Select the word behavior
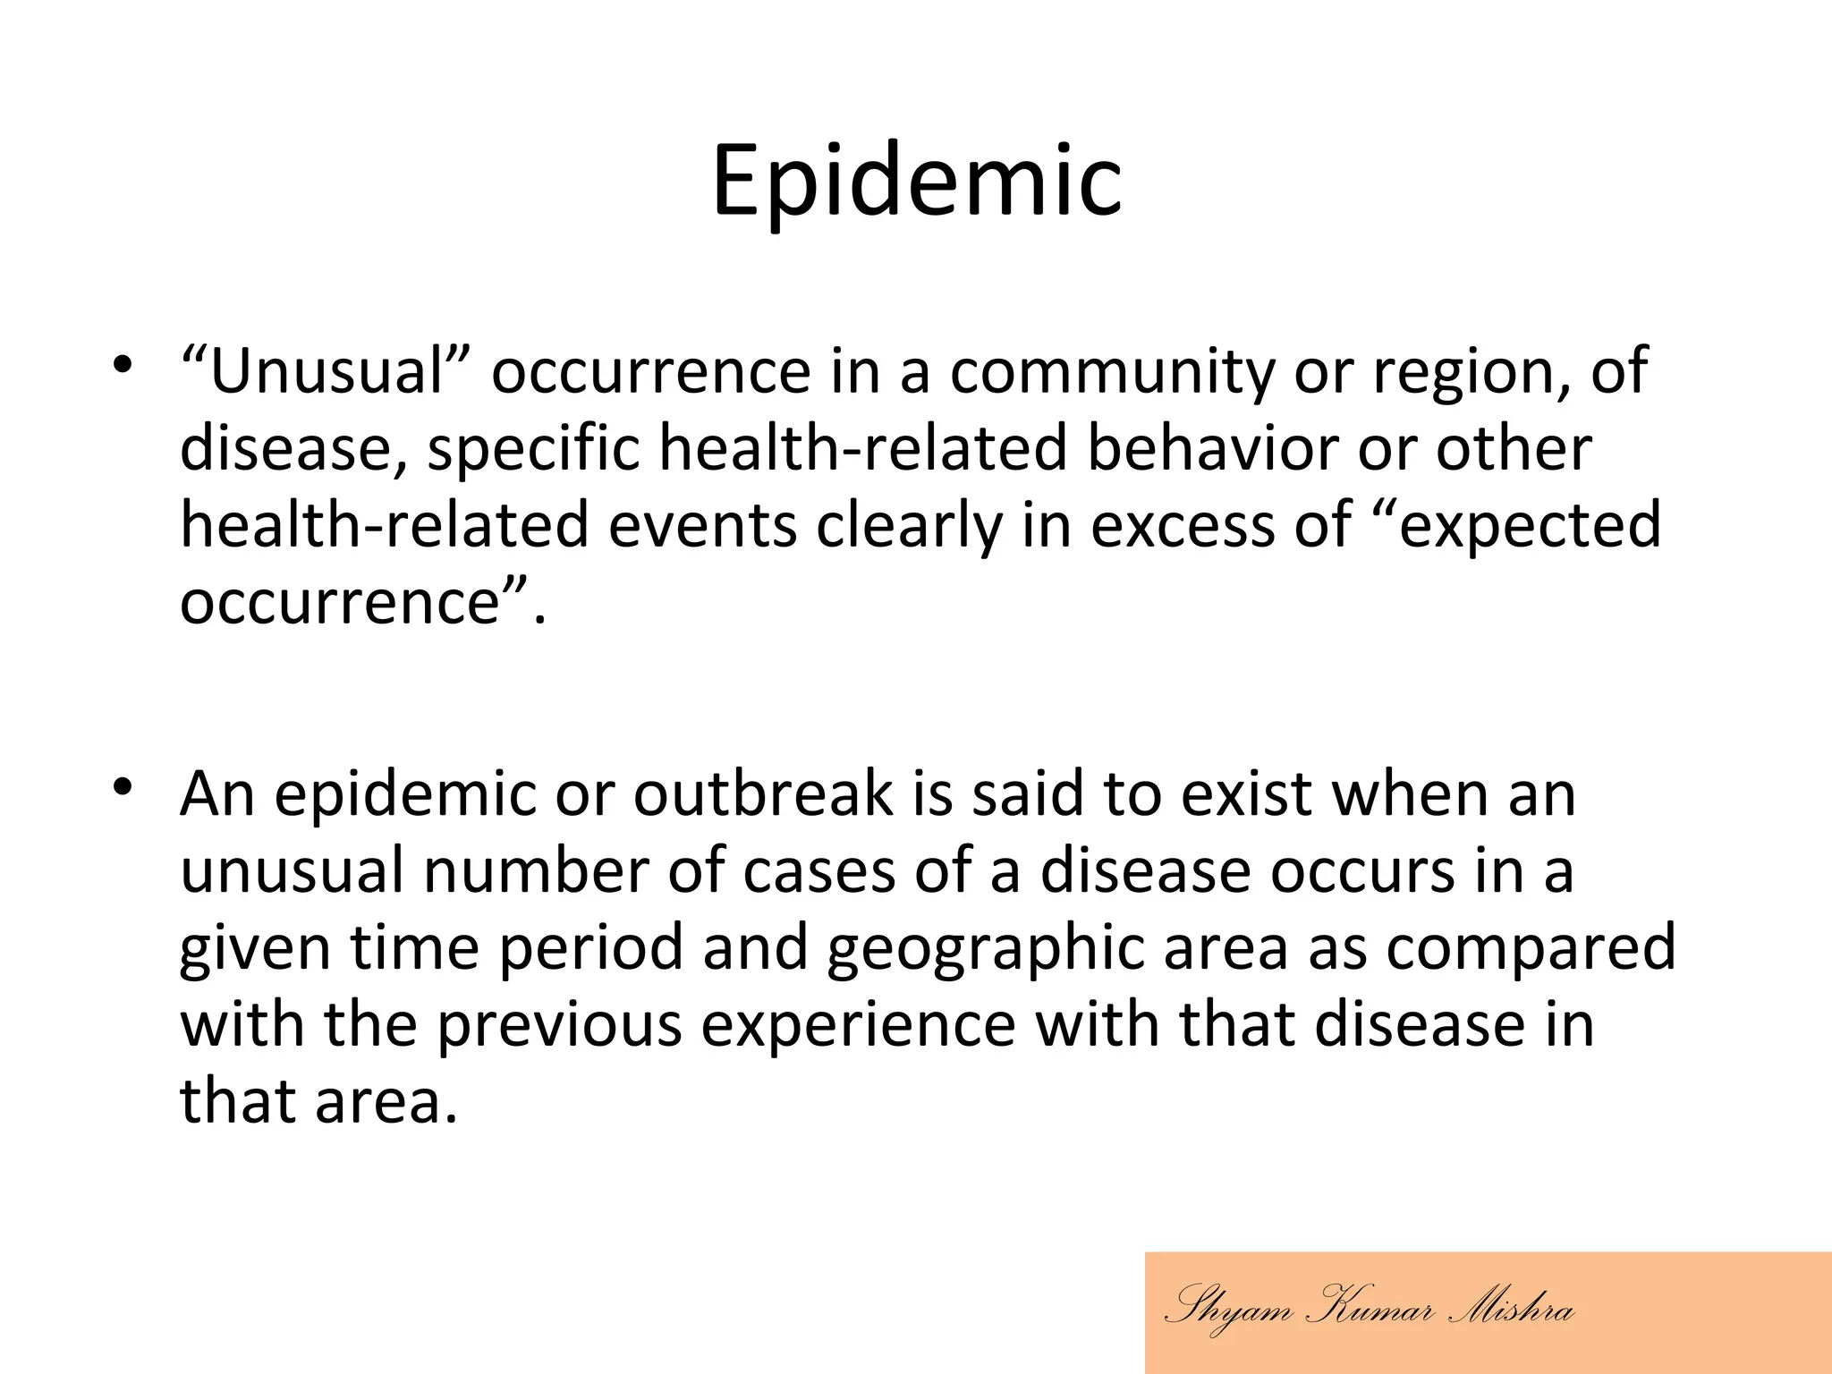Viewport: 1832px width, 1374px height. pos(1212,449)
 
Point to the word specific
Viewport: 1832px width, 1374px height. pos(533,449)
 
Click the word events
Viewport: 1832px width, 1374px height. pos(702,526)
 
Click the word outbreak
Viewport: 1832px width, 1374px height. pos(763,794)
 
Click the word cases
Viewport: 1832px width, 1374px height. pos(818,871)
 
